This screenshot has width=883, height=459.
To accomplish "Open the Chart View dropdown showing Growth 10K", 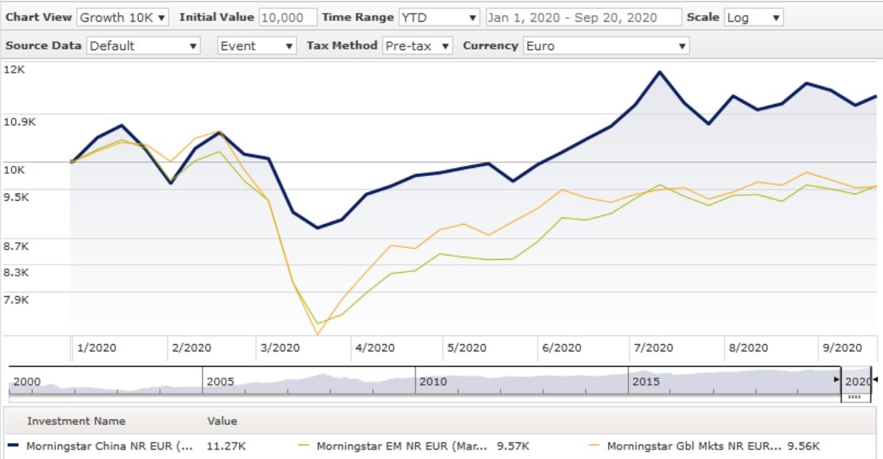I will [x=122, y=17].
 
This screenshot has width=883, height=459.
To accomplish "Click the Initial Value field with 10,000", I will [x=288, y=17].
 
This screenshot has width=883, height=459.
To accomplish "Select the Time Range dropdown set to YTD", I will [x=439, y=17].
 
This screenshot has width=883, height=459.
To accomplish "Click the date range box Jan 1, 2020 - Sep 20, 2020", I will [x=582, y=17].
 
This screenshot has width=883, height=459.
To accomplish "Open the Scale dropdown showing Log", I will [x=753, y=17].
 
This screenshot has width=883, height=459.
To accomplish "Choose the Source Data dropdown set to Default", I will [x=143, y=46].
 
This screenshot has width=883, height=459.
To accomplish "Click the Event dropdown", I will [x=257, y=46].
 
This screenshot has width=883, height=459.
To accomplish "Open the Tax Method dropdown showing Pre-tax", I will [x=417, y=46].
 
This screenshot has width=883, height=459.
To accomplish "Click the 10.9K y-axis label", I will [x=20, y=121].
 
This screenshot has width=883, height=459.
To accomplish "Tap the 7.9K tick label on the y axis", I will [x=19, y=299].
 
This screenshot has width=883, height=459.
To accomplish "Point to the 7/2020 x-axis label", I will [x=653, y=348].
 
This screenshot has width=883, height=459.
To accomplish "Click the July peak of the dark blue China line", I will [x=660, y=72].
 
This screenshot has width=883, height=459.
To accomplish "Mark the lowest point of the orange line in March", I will [x=317, y=334].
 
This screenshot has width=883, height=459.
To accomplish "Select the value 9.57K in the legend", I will [x=513, y=446].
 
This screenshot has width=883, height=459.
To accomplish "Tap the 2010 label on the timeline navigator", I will [x=433, y=381].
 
